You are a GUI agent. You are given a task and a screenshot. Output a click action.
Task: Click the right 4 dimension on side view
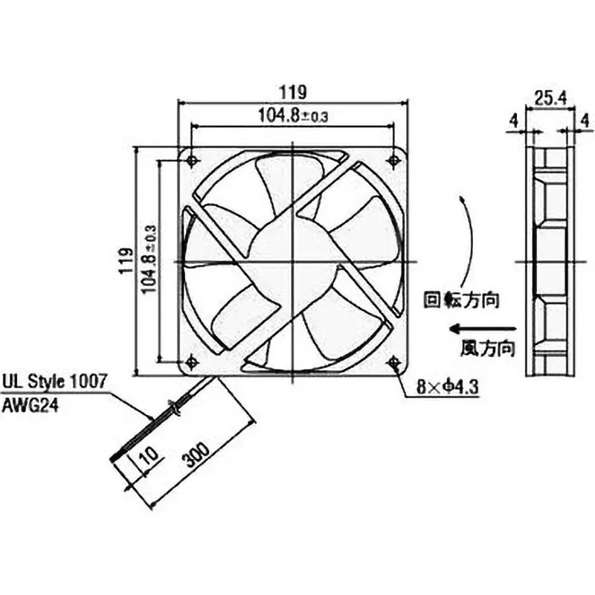585,118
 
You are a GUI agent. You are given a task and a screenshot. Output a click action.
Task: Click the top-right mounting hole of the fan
394,160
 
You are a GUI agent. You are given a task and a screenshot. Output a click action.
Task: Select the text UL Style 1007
54,380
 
